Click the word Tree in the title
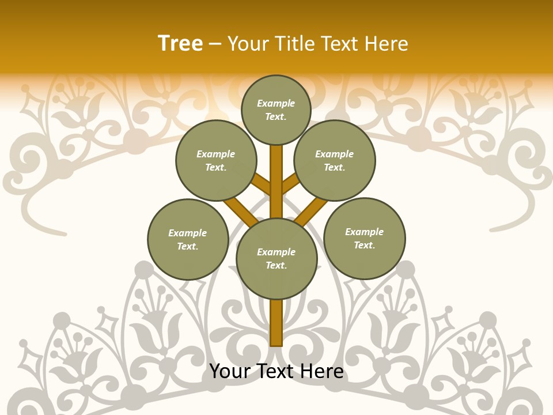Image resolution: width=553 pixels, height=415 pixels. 180,44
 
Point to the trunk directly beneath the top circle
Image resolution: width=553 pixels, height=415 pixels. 276,167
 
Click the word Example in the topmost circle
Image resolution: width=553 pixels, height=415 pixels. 276,104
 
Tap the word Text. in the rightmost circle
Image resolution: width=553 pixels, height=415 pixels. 364,246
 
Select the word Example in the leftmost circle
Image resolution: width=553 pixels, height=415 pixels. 187,233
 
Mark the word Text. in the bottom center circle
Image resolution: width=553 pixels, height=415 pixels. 276,266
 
